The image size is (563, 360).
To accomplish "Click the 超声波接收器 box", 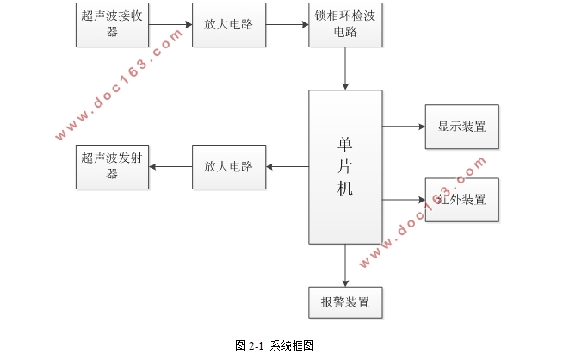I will click(x=112, y=25).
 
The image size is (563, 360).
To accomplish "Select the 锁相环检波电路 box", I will click(x=344, y=25).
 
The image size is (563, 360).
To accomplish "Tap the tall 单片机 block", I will click(x=344, y=166).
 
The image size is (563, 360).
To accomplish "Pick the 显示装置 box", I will click(x=461, y=127).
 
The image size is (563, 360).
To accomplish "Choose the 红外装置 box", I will click(x=461, y=200).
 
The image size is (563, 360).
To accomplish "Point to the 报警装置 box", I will click(x=344, y=303).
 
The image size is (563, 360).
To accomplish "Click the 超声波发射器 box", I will click(x=112, y=166).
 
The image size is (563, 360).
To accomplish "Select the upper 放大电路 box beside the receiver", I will click(x=228, y=25).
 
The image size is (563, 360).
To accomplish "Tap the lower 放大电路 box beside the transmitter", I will click(x=228, y=166).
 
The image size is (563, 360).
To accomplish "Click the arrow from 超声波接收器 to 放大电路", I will click(x=170, y=25).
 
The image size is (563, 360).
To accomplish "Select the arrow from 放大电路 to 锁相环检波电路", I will click(x=287, y=25).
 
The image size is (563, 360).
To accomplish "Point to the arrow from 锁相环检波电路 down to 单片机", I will click(x=344, y=69).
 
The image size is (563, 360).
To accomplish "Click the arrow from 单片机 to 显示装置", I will click(x=404, y=127).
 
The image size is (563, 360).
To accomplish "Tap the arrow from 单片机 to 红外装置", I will click(x=404, y=200).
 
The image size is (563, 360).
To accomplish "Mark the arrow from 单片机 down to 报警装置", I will click(x=344, y=265).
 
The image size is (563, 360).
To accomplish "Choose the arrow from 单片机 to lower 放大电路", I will click(x=287, y=166).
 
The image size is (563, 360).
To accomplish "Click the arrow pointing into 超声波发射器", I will click(x=170, y=166).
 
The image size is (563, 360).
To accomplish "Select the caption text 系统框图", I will click(x=292, y=345).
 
